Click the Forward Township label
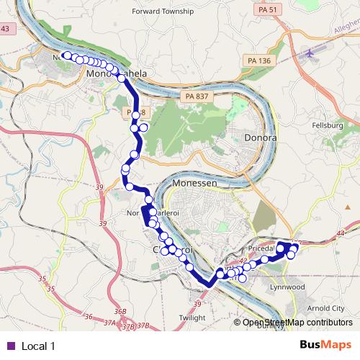click(163, 12)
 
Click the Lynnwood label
click(288, 287)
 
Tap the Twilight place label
click(192, 317)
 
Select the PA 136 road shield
click(254, 60)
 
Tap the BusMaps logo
click(326, 346)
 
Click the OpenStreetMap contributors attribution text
click(297, 323)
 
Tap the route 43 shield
click(5, 28)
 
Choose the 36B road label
click(120, 311)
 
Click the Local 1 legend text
click(39, 346)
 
